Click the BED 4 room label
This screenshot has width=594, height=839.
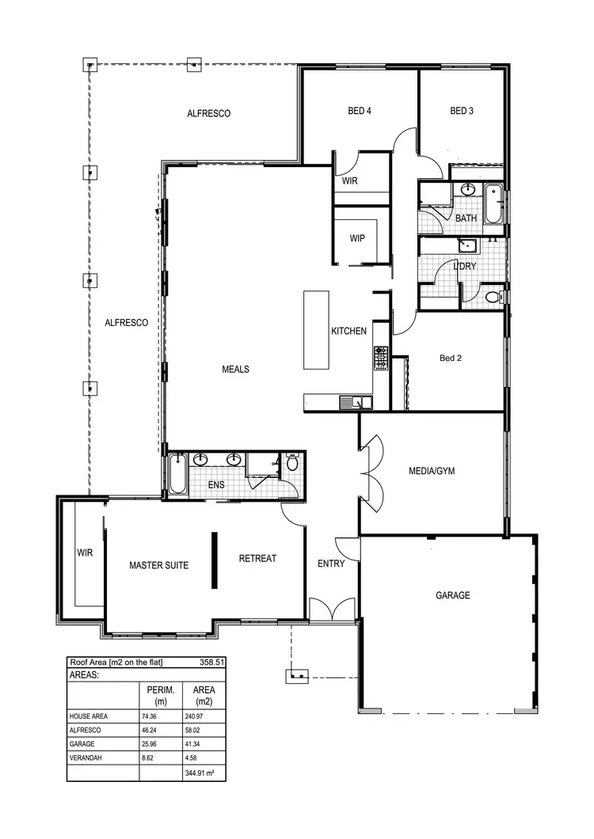[x=360, y=112]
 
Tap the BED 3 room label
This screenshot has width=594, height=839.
[x=462, y=112]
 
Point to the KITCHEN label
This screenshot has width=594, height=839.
[x=348, y=331]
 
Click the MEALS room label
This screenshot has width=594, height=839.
[x=235, y=370]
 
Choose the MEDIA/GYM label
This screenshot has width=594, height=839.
[x=432, y=471]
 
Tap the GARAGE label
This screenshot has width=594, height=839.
[x=452, y=595]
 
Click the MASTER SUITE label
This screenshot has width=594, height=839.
[x=158, y=566]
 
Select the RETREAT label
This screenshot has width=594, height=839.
[x=257, y=559]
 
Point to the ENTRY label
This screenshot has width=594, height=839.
[x=331, y=564]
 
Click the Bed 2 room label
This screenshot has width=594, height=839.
[x=450, y=359]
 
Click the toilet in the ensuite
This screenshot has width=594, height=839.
[x=291, y=462]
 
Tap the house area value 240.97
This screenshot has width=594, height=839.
[x=199, y=716]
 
